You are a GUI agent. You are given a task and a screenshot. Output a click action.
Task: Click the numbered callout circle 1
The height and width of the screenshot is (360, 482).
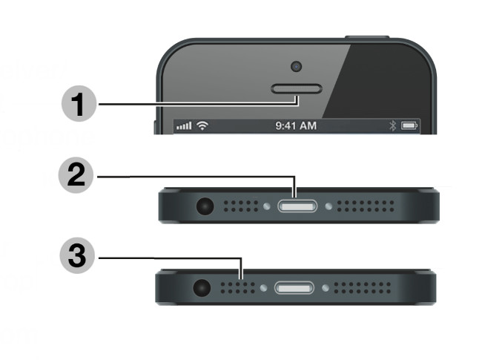(78, 104)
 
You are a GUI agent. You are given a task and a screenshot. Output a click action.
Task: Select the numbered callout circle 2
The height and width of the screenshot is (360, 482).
(78, 178)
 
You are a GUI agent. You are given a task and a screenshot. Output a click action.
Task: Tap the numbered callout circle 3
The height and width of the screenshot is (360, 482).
(78, 259)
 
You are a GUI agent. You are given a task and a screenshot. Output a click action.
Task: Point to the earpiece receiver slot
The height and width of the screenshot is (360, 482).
(297, 91)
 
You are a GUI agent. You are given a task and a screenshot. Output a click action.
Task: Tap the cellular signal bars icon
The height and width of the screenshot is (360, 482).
(184, 126)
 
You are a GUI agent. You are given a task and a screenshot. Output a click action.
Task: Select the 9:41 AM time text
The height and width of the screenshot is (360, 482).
(296, 126)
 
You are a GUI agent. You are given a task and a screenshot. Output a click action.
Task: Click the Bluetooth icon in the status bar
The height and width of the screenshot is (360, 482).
(393, 126)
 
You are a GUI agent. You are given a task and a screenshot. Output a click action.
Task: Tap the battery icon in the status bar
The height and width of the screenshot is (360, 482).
(410, 126)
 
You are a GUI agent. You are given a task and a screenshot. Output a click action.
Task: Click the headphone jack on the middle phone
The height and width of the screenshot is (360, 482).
(201, 206)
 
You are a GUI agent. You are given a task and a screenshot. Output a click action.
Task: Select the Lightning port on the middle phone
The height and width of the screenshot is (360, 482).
(297, 206)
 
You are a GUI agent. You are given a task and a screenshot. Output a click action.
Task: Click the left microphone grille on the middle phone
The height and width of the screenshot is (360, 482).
(240, 206)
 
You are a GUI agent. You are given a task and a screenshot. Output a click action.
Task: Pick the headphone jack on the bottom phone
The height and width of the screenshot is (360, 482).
(201, 287)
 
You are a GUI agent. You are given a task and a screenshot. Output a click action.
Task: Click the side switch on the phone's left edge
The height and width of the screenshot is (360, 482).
(156, 123)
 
